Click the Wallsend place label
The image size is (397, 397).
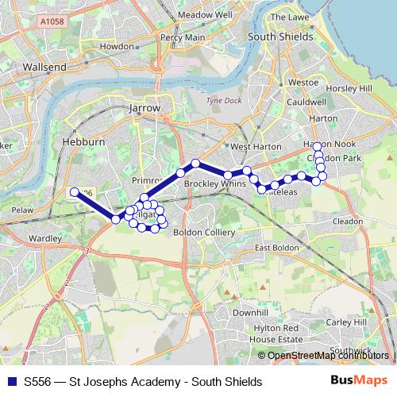click(45, 67)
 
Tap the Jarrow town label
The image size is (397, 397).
click(144, 108)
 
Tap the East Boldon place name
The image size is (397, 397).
click(277, 249)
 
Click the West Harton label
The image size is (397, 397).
click(250, 147)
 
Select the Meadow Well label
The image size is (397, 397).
click(205, 14)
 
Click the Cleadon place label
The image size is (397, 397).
click(348, 222)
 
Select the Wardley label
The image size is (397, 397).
click(44, 238)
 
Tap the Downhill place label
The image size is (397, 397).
click(250, 314)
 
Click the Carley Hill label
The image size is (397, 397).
click(347, 322)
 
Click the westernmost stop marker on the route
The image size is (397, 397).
click(74, 191)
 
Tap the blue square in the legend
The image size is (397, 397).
click(12, 382)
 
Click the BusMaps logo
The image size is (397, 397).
click(366, 382)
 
